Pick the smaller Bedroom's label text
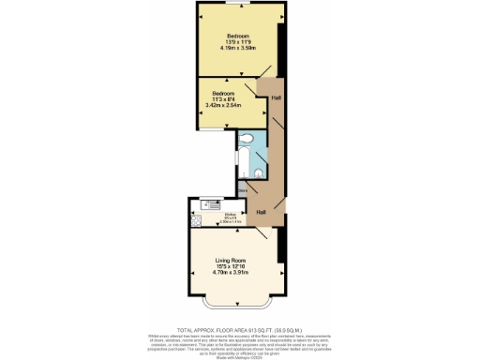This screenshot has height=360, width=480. (x=223, y=95)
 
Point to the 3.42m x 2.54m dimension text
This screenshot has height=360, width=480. (x=223, y=108)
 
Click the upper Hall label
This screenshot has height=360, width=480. (x=276, y=97)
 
